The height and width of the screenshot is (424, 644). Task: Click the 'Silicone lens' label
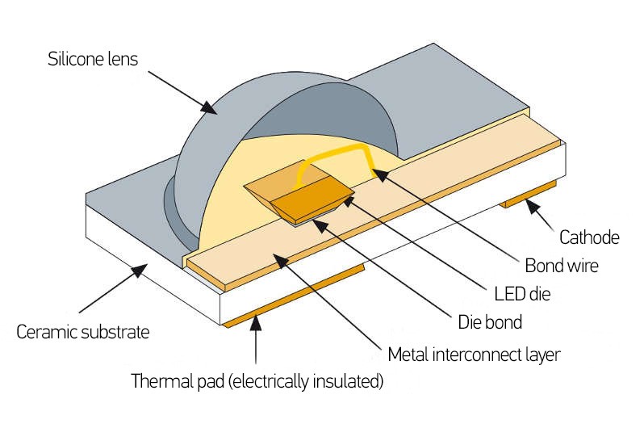point(93,60)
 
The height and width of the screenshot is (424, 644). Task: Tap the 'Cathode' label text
point(588,237)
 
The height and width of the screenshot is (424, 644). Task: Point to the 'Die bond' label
point(490,322)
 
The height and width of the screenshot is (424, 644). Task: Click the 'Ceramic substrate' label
point(83,332)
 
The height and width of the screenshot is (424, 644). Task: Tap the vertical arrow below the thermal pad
point(257,343)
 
